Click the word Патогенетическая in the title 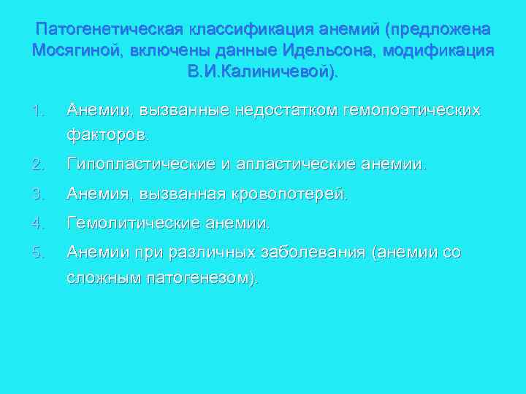point(110,30)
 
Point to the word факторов point(108,135)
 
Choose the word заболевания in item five point(316,252)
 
